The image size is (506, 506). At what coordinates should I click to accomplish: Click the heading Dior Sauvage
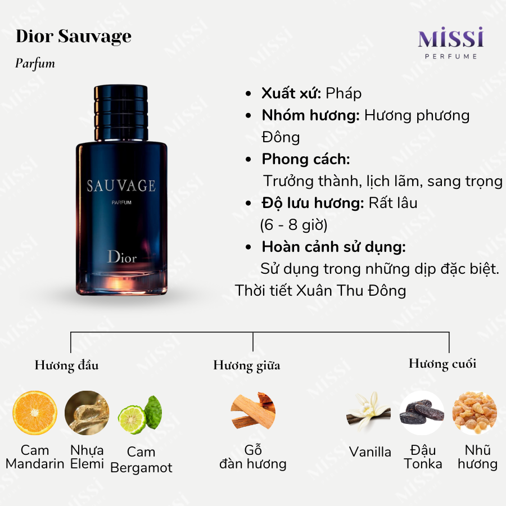click(x=74, y=37)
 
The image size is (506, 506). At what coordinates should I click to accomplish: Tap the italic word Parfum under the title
click(x=35, y=63)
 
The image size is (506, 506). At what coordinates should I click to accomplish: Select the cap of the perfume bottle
click(x=121, y=113)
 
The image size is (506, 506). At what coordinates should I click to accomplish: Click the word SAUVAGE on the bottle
click(x=121, y=186)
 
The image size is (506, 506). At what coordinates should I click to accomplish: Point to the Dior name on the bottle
click(x=122, y=257)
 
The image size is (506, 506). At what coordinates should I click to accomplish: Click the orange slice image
click(x=35, y=413)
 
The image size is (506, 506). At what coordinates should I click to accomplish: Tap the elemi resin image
click(x=87, y=413)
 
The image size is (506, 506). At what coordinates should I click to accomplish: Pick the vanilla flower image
click(x=368, y=410)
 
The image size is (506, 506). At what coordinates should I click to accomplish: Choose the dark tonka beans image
click(x=422, y=413)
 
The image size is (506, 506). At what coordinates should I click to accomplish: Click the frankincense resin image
click(x=475, y=413)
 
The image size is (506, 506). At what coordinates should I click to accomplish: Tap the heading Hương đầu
click(x=67, y=365)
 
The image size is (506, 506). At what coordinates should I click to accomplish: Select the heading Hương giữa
click(x=247, y=365)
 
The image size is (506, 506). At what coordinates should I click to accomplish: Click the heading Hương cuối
click(x=442, y=363)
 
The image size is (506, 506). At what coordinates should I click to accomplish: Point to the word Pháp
click(x=344, y=93)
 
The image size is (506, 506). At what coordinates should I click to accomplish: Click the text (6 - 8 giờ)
click(x=294, y=224)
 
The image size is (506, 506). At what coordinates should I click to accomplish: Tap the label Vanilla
click(x=370, y=452)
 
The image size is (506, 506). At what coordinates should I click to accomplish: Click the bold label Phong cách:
click(x=306, y=159)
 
